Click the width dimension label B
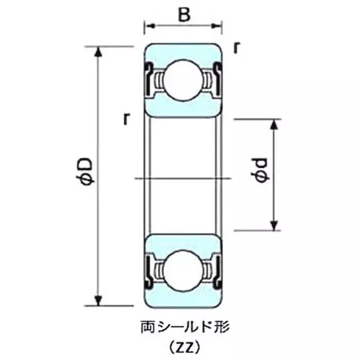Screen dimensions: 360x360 pyautogui.click(x=183, y=15)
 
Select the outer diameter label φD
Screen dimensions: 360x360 pyautogui.click(x=87, y=171)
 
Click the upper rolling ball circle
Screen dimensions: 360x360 pyautogui.click(x=183, y=81)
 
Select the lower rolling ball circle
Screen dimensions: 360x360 pyautogui.click(x=183, y=270)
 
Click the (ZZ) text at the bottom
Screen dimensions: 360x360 pyautogui.click(x=184, y=347)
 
